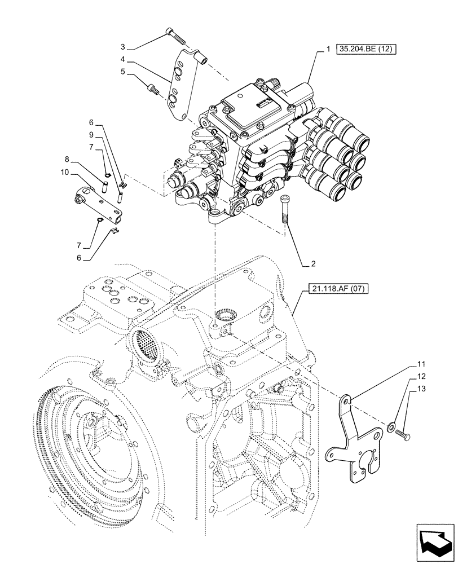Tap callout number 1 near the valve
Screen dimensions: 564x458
tap(328, 50)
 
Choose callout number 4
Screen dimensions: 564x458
tap(123, 59)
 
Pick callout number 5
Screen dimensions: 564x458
tap(122, 72)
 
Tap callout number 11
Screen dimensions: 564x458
tap(422, 364)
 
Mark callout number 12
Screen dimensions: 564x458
tap(422, 376)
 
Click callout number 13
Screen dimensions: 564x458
tap(422, 388)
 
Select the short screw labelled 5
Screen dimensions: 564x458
tap(152, 89)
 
